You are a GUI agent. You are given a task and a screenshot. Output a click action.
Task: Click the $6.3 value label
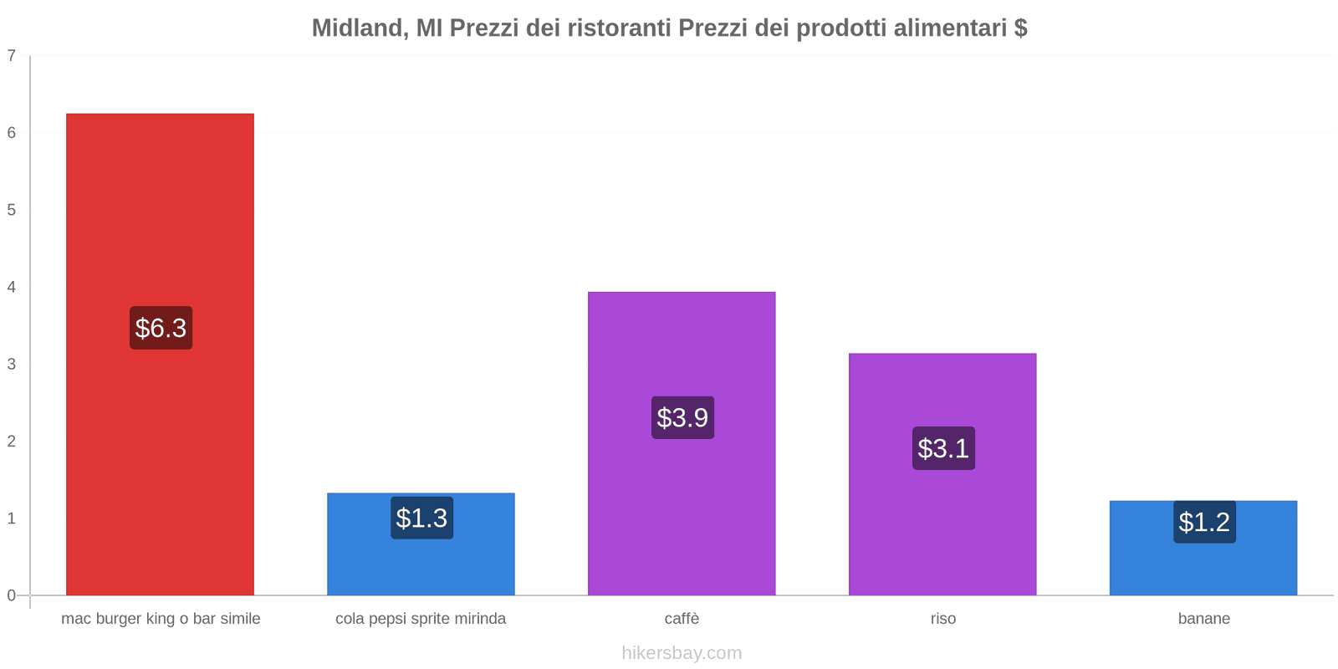pyautogui.click(x=161, y=328)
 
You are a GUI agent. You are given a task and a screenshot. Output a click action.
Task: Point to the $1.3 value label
pyautogui.click(x=421, y=518)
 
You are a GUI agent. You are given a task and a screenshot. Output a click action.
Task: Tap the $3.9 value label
pyautogui.click(x=682, y=417)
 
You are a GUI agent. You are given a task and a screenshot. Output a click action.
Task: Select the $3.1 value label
pyautogui.click(x=943, y=448)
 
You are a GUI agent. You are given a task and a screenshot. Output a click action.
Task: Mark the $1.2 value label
pyautogui.click(x=1204, y=522)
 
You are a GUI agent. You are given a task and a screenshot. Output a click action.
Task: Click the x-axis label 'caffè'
pyautogui.click(x=682, y=619)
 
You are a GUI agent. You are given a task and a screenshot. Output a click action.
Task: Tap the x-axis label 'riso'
pyautogui.click(x=942, y=619)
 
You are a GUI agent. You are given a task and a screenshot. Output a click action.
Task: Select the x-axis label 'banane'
pyautogui.click(x=1203, y=619)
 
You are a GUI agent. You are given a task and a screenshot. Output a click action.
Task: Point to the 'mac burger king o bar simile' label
pyautogui.click(x=161, y=619)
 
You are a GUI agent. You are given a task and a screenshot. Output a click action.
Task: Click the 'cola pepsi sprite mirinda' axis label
pyautogui.click(x=421, y=619)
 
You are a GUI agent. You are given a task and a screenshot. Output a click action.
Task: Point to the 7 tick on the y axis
pyautogui.click(x=12, y=56)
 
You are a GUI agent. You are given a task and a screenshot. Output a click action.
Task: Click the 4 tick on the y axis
pyautogui.click(x=12, y=288)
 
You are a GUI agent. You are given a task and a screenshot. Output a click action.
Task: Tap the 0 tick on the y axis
pyautogui.click(x=12, y=595)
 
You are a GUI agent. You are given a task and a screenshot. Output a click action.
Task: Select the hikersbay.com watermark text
pyautogui.click(x=682, y=653)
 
